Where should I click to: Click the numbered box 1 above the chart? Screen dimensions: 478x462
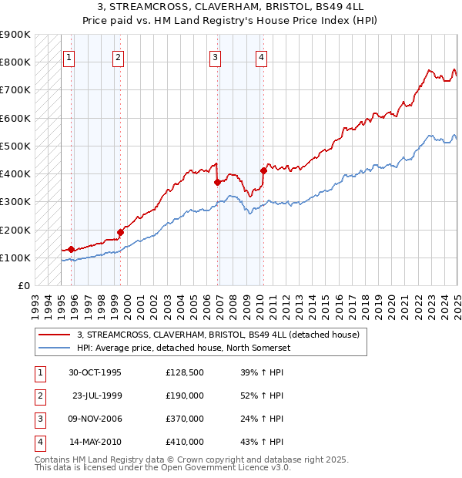69,56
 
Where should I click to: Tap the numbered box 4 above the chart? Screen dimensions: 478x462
262,56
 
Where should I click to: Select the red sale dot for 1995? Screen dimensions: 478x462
71,249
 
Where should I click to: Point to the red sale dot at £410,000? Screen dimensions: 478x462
263,170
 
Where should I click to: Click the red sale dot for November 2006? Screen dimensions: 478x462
217,182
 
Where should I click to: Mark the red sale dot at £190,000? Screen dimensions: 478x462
120,232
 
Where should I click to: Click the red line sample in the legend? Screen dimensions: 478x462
55,335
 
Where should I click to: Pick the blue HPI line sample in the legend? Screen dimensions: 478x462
55,348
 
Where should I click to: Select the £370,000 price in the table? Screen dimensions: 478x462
184,419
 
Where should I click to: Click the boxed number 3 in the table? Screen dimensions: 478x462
38,419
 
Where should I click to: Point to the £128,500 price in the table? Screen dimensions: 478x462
184,373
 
